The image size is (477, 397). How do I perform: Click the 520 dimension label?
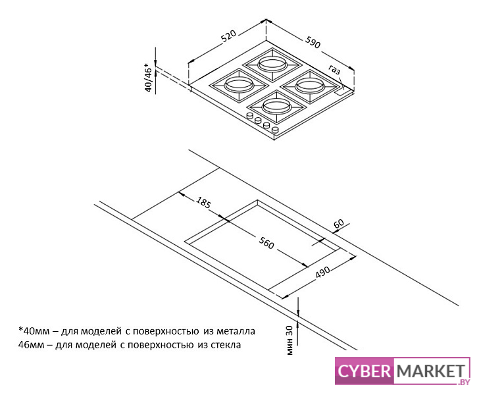click(x=228, y=36)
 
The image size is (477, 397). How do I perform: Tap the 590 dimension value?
click(x=313, y=42)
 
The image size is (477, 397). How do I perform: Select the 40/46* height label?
click(x=148, y=77)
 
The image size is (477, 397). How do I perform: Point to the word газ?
click(x=334, y=70)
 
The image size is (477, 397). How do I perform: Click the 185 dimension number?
click(x=203, y=203)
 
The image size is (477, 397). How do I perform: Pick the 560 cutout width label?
click(x=266, y=243)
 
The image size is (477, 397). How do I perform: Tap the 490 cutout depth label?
click(x=322, y=272)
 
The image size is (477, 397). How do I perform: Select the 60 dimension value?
click(x=339, y=224)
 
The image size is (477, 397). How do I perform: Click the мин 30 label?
click(x=289, y=340)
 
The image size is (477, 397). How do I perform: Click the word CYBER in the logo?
click(x=364, y=371)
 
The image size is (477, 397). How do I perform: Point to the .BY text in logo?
click(x=463, y=382)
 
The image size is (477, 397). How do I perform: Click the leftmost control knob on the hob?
click(x=250, y=116)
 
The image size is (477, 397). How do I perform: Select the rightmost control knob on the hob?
click(x=275, y=130)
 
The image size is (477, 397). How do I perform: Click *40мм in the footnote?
click(x=34, y=331)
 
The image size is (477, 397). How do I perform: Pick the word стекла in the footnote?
click(x=226, y=345)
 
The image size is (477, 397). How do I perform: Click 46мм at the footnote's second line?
click(x=32, y=345)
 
